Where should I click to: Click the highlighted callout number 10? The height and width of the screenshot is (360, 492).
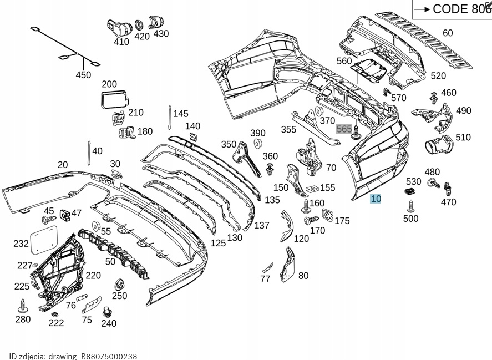(376, 199)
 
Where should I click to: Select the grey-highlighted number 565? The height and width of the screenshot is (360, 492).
(344, 129)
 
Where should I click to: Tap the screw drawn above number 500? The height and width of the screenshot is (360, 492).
(410, 206)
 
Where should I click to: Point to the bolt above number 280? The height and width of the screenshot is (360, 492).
(23, 306)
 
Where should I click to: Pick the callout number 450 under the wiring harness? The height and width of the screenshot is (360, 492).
(83, 75)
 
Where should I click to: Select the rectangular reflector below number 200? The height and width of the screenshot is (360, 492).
(114, 100)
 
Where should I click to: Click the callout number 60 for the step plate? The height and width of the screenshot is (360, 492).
(448, 33)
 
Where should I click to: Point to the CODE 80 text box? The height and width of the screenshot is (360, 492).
(452, 8)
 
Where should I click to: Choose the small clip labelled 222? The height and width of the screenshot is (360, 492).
(55, 315)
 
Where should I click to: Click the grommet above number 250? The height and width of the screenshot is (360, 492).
(118, 286)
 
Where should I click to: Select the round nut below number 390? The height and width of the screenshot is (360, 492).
(257, 144)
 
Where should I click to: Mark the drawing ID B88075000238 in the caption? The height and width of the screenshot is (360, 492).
(109, 356)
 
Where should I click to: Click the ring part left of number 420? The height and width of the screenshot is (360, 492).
(139, 24)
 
